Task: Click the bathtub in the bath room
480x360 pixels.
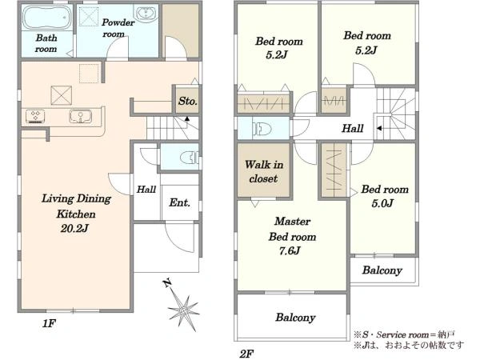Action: click(47, 18)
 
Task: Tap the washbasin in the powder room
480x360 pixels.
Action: click(146, 13)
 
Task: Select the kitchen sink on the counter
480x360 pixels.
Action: click(81, 116)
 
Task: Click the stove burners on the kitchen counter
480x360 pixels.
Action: click(35, 116)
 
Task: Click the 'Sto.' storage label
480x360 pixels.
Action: click(188, 101)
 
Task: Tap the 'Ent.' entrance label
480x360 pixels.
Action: click(179, 202)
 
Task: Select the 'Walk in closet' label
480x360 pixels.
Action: click(263, 171)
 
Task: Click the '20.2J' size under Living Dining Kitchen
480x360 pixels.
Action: click(74, 228)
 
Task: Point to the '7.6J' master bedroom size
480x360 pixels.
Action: click(290, 251)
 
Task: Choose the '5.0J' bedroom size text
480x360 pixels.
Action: click(382, 203)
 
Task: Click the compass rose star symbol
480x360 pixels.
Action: click(183, 310)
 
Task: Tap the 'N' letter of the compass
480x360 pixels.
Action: click(167, 283)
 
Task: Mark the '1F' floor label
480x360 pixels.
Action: click(49, 323)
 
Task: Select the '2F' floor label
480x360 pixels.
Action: click(246, 354)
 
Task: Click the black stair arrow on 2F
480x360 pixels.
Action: click(379, 128)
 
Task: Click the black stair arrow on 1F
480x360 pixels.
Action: click(186, 118)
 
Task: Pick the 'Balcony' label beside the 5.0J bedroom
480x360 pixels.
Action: click(382, 270)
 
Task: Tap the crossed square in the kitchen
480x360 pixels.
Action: click(62, 95)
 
